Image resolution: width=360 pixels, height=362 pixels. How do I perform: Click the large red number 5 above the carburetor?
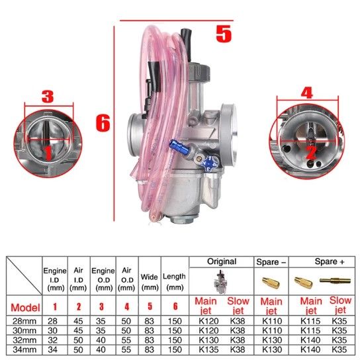pos(224,34)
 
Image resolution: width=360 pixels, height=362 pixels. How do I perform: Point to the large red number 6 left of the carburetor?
pos(103,123)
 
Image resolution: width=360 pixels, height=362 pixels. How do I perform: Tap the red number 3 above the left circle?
pos(48,97)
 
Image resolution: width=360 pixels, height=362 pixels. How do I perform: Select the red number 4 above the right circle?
pos(307,93)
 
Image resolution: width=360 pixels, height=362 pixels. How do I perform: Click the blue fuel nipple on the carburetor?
pos(179,148)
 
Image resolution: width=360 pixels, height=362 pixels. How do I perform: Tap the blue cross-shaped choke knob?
pos(209,163)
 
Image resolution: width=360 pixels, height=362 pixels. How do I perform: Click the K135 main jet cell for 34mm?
pos(208,349)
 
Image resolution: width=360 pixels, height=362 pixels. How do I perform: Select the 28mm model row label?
pos(24,321)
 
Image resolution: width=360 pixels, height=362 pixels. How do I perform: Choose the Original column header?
pos(222,261)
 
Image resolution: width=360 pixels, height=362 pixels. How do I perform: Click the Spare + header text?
pos(330,261)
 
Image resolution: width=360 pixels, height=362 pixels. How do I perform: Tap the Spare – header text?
pos(271,262)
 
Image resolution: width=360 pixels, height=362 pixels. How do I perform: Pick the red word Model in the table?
pos(25,308)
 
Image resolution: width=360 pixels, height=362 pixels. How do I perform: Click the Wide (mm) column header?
pos(150,282)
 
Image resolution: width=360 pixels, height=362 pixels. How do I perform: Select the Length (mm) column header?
pos(174,282)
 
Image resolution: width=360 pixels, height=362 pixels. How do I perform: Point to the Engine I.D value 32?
pos(52,340)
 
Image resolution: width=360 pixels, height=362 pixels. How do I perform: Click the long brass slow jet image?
pos(335,281)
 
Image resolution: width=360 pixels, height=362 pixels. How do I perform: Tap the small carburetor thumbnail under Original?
pos(221,282)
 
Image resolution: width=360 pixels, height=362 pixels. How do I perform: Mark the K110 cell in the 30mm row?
pos(272,330)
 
